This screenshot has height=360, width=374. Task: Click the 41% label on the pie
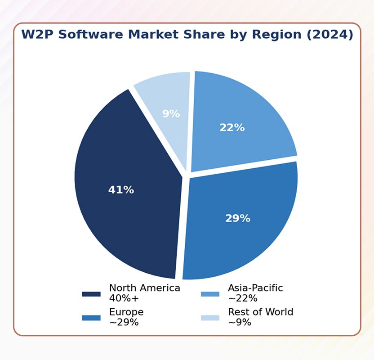(121, 190)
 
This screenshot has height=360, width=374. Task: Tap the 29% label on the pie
(237, 218)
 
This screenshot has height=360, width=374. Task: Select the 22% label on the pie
(232, 128)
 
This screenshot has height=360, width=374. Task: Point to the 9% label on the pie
(171, 114)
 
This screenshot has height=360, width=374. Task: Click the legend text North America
(144, 288)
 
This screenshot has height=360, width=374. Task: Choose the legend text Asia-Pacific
(255, 288)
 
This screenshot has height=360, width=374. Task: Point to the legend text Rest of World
(260, 312)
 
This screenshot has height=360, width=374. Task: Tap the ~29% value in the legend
(124, 322)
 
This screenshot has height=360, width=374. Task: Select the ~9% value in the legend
(239, 322)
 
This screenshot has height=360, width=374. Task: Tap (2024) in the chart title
(329, 35)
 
